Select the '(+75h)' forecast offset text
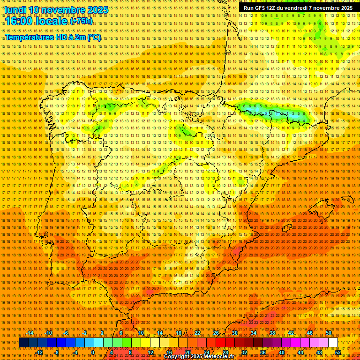[81, 22]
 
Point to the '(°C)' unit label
[93, 37]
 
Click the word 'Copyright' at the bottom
[177, 357]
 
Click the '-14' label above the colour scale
[30, 333]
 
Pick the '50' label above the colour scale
[329, 333]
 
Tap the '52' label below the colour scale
[338, 352]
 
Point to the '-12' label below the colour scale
[39, 352]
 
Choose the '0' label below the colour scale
[93, 352]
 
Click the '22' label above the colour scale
[197, 333]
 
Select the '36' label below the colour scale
[262, 352]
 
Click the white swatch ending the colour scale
[333, 343]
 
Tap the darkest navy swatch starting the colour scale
[23, 343]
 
